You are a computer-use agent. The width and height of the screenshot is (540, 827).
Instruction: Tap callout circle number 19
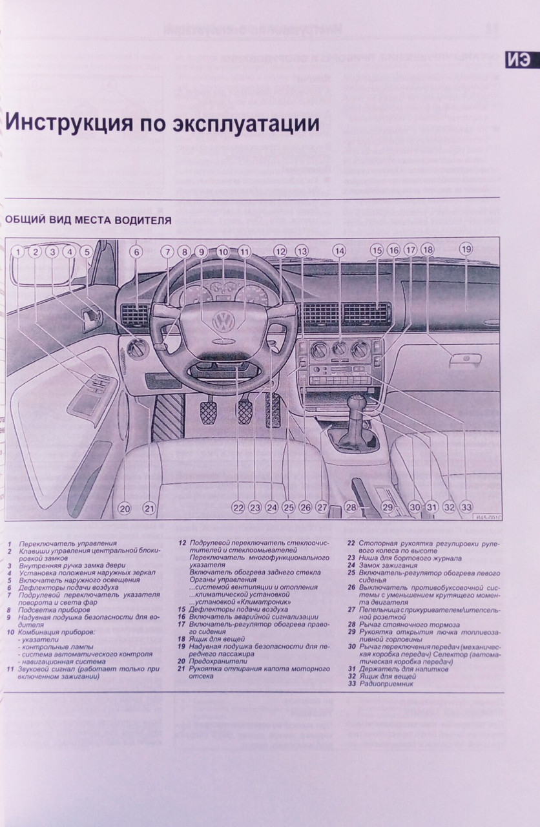(x=466, y=249)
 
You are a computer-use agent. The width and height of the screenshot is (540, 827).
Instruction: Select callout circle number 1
(x=18, y=253)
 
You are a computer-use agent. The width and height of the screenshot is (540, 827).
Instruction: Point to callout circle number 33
(x=466, y=507)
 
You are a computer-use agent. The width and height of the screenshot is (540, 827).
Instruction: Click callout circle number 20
(x=124, y=508)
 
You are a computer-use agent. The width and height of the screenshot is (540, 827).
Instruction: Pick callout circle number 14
(x=340, y=251)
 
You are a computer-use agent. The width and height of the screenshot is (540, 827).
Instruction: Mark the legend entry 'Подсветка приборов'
(x=55, y=610)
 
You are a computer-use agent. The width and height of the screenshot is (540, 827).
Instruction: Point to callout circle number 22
(x=238, y=508)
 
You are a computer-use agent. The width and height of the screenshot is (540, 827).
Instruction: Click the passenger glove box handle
(x=464, y=359)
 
